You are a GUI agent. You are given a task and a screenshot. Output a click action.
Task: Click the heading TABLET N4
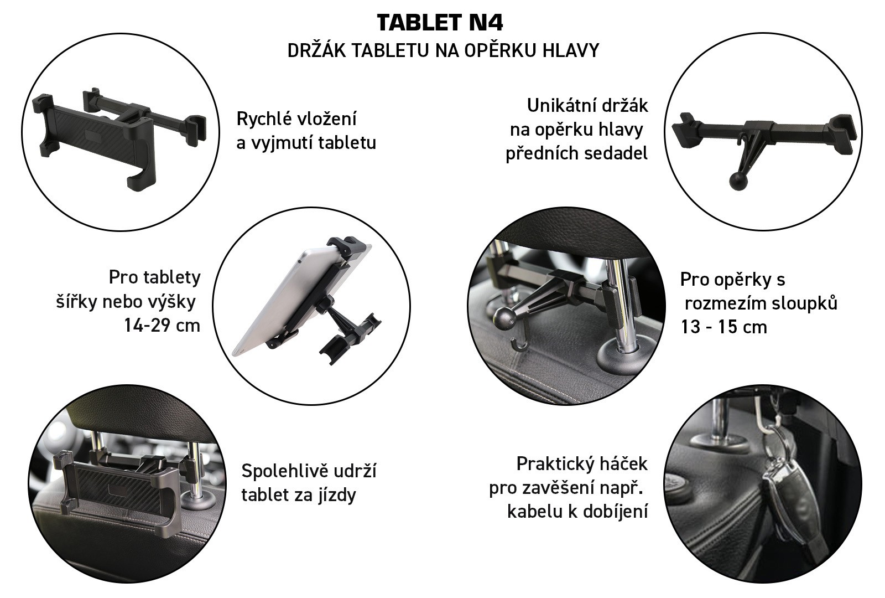440,23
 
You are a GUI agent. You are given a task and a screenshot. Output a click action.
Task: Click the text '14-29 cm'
162,326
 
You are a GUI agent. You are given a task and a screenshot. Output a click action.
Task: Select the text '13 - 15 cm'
723,327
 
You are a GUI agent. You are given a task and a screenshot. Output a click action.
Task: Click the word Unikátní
559,106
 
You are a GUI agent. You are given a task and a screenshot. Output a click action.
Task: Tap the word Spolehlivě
285,471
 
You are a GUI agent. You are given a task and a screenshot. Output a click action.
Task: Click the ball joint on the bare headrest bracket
738,181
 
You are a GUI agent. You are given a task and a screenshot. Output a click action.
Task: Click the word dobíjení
616,512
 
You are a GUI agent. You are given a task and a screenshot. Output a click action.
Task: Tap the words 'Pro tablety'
154,277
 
